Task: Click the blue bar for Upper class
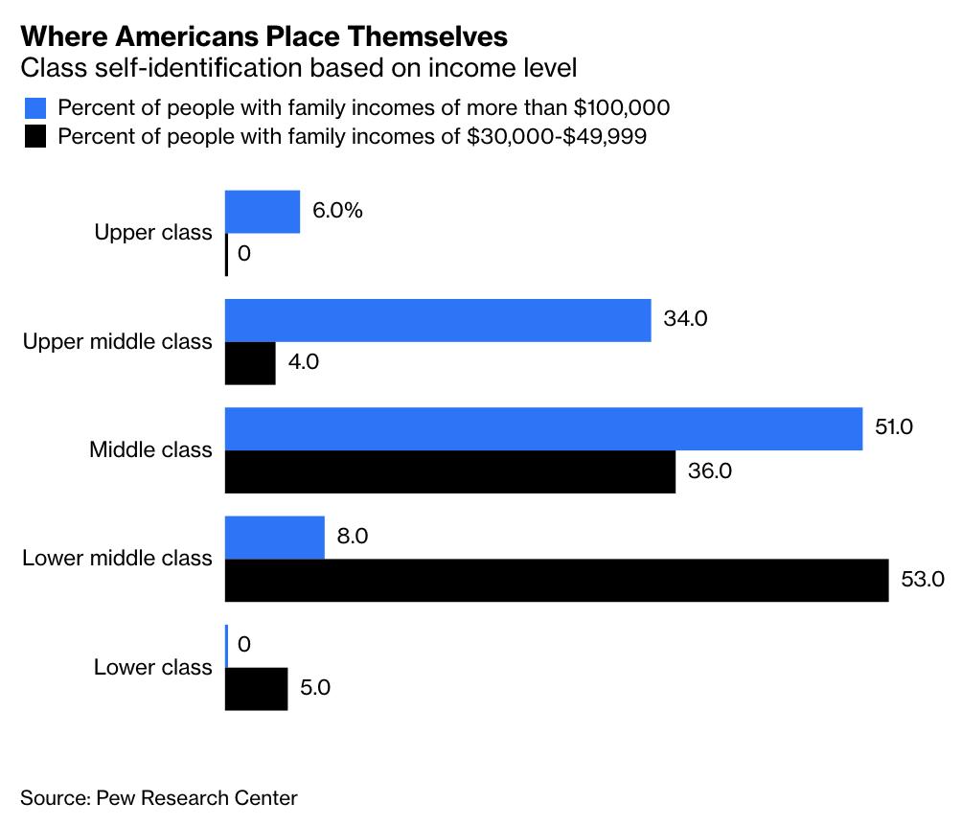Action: click(262, 212)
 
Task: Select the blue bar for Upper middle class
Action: click(437, 320)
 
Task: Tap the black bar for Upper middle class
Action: click(250, 363)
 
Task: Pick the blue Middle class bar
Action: click(543, 428)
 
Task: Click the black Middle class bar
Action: click(449, 471)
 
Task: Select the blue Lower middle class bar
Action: click(274, 537)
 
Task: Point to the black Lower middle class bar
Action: click(556, 580)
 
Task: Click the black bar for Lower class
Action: click(256, 688)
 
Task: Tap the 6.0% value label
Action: click(338, 211)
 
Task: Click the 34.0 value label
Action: click(685, 319)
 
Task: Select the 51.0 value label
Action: click(894, 427)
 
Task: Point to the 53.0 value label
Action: click(923, 579)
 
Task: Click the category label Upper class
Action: click(153, 233)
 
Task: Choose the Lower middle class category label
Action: click(117, 558)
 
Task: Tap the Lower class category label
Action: click(153, 667)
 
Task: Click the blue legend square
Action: click(34, 106)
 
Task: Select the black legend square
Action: click(34, 136)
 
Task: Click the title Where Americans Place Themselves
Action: click(263, 37)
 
